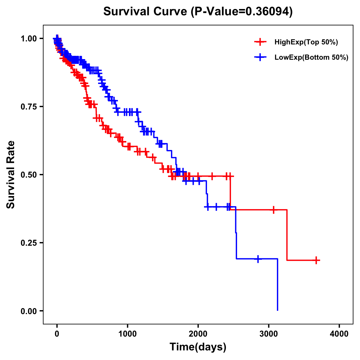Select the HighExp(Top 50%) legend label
click(x=306, y=42)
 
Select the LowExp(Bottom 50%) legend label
click(x=311, y=58)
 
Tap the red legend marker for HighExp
click(x=260, y=42)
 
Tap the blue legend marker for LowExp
click(x=260, y=57)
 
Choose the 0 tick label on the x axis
click(x=57, y=334)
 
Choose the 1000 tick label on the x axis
click(x=127, y=334)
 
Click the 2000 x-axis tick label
click(x=198, y=334)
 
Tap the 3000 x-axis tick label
click(x=269, y=334)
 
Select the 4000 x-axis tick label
click(x=339, y=334)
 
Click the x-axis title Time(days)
click(x=198, y=347)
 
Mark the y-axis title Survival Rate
click(x=11, y=175)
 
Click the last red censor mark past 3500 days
click(x=316, y=260)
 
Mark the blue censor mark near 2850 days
click(x=258, y=259)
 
